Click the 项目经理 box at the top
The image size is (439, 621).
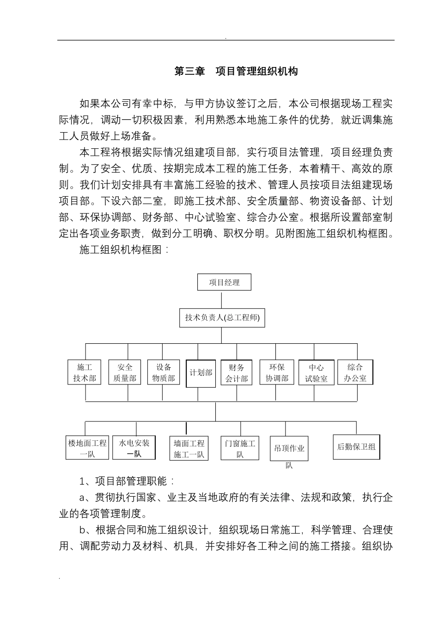[224, 282]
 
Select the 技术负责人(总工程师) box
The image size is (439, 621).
[222, 318]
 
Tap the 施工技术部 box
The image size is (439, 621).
[85, 372]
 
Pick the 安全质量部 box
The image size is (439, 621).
[125, 372]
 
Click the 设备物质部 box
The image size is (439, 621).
[164, 372]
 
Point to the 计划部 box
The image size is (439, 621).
[201, 373]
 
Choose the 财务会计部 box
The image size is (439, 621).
[237, 373]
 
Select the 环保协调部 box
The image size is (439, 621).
[277, 372]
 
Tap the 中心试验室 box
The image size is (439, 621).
[316, 373]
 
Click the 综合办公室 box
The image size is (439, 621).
[355, 372]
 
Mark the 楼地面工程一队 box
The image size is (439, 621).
[87, 448]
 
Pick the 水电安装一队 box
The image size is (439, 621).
[134, 448]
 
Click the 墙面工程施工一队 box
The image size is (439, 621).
[189, 448]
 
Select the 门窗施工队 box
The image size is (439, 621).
[240, 448]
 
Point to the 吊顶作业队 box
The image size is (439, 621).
[289, 449]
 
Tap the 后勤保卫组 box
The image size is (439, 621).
[356, 447]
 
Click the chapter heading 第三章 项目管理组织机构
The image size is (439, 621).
[236, 72]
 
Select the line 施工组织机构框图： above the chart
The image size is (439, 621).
[125, 250]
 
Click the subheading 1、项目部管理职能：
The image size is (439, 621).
[127, 481]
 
